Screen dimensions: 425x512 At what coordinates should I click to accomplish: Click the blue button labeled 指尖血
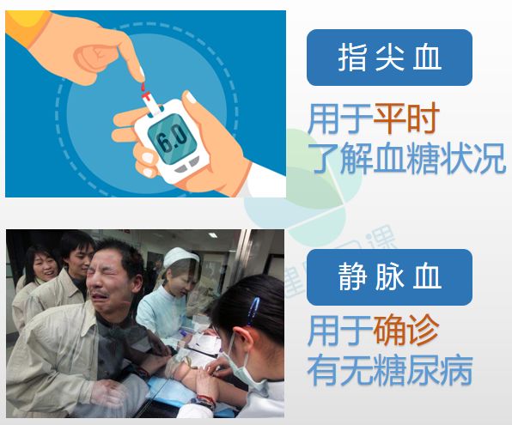click(389, 58)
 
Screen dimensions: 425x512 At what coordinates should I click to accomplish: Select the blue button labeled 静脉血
click(389, 277)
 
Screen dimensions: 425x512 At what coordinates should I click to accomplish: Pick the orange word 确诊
click(406, 330)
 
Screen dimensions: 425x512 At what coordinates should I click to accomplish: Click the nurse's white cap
click(180, 257)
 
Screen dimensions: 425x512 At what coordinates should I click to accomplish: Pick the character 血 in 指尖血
click(427, 58)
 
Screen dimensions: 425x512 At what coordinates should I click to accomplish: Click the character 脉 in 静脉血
click(389, 277)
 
